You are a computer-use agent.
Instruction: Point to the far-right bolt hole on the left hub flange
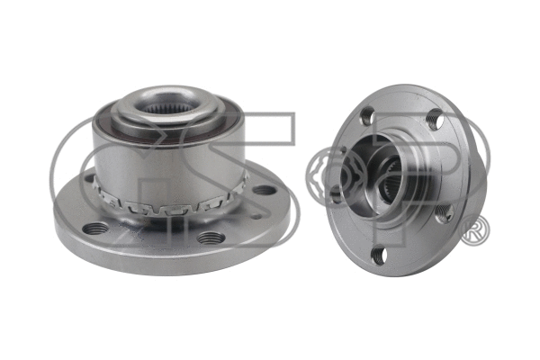264,190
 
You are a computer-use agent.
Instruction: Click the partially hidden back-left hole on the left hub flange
89,179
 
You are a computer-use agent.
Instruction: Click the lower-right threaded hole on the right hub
443,213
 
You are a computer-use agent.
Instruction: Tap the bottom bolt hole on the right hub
379,256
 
